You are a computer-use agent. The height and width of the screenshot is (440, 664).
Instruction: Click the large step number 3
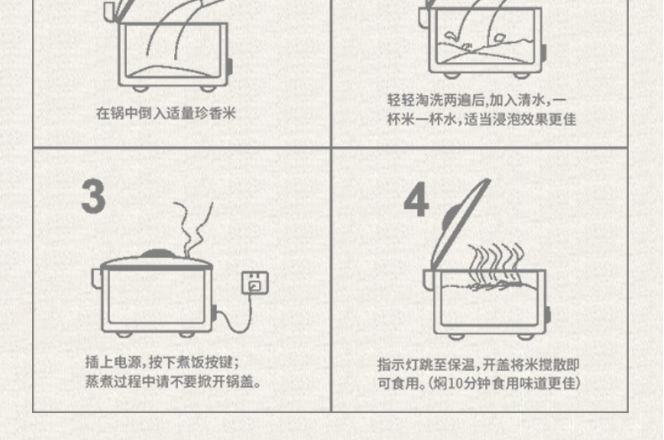(x=93, y=196)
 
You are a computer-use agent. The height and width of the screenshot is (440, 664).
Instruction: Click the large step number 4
(x=416, y=202)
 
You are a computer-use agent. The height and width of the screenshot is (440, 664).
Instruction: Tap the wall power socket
(x=255, y=283)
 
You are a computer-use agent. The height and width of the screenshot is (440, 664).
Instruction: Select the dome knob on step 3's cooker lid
(x=157, y=253)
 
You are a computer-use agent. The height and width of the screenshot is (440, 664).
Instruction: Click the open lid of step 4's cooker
(x=460, y=224)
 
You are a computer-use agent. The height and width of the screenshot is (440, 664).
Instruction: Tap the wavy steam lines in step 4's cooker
(x=495, y=265)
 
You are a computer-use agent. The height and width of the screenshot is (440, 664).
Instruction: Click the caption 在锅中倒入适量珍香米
(x=166, y=113)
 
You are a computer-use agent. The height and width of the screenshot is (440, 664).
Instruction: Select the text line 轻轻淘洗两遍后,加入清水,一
(x=477, y=100)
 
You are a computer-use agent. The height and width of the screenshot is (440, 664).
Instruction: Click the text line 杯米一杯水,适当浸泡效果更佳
(x=482, y=119)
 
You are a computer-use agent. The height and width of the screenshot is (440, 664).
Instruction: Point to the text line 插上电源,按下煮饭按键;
(x=162, y=362)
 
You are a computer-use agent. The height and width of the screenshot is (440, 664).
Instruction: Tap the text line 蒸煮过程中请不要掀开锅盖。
(x=173, y=381)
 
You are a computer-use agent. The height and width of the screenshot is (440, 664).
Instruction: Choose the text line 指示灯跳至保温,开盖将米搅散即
(x=478, y=364)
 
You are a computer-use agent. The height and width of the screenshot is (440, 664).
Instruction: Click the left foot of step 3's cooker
(x=124, y=334)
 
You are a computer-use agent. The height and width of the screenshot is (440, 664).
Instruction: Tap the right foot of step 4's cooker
(x=525, y=337)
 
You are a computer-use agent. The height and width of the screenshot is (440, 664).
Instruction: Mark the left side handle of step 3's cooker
(x=97, y=279)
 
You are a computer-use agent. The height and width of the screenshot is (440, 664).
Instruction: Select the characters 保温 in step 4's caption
(x=462, y=364)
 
